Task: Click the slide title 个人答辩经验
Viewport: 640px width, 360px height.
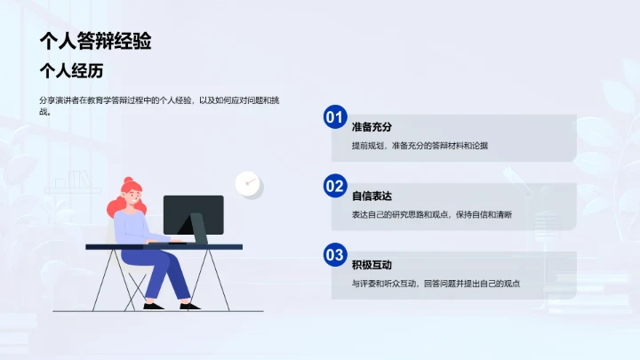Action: click(95, 41)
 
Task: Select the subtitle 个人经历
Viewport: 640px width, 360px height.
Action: click(77, 70)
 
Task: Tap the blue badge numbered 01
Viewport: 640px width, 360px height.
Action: click(334, 116)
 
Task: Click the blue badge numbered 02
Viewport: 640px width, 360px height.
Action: click(334, 186)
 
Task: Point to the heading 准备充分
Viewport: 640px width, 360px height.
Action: click(372, 126)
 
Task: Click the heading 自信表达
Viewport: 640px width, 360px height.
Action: click(372, 196)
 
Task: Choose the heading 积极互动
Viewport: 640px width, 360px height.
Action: click(372, 265)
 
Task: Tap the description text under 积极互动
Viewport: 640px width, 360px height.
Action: click(435, 284)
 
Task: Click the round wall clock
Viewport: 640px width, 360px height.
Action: click(248, 184)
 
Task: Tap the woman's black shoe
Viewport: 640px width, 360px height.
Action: click(153, 306)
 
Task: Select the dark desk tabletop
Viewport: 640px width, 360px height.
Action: click(164, 246)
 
